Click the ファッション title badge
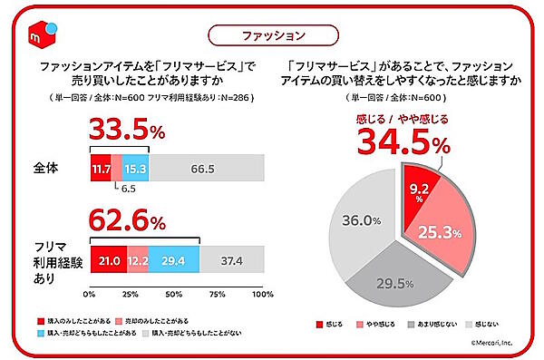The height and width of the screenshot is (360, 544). click(x=272, y=34)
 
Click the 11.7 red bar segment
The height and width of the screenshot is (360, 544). click(x=101, y=169)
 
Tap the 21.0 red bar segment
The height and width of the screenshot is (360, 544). click(x=107, y=261)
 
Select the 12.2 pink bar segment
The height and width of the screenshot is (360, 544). click(x=137, y=261)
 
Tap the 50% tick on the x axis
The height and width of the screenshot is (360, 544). click(x=176, y=295)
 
